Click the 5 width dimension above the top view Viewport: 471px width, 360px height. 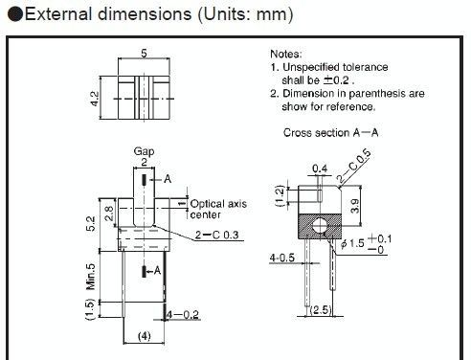(x=144, y=53)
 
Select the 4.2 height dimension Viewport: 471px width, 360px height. (x=95, y=99)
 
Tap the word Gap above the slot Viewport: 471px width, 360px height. (x=144, y=151)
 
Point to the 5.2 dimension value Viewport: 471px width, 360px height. (x=91, y=223)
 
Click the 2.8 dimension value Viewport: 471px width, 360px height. (x=109, y=214)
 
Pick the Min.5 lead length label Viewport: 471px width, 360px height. (x=91, y=277)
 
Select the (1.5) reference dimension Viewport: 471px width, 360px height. (x=91, y=309)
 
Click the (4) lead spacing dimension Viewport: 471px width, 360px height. (x=144, y=336)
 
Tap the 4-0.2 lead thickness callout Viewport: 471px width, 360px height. (x=183, y=315)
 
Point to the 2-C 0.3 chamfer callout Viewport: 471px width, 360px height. (x=217, y=235)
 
